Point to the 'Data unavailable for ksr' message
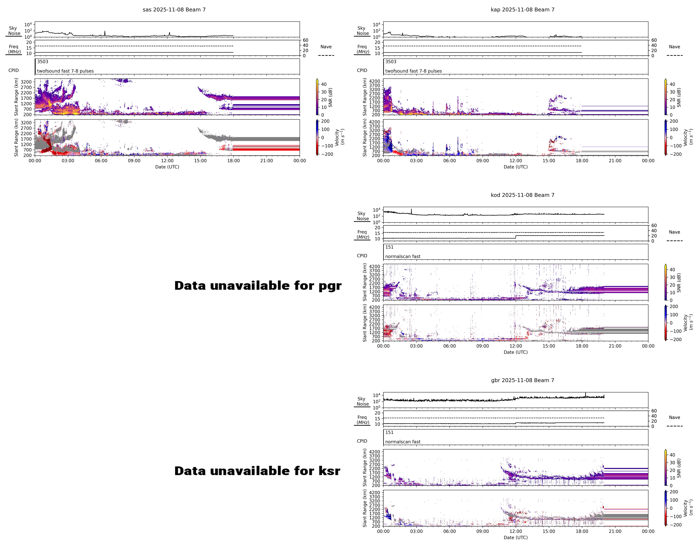pos(257,471)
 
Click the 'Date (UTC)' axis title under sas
pos(167,167)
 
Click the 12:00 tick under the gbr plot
pos(516,531)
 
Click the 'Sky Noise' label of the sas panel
pos(14,31)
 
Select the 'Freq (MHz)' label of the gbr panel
pos(362,420)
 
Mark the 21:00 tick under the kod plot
pos(615,346)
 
